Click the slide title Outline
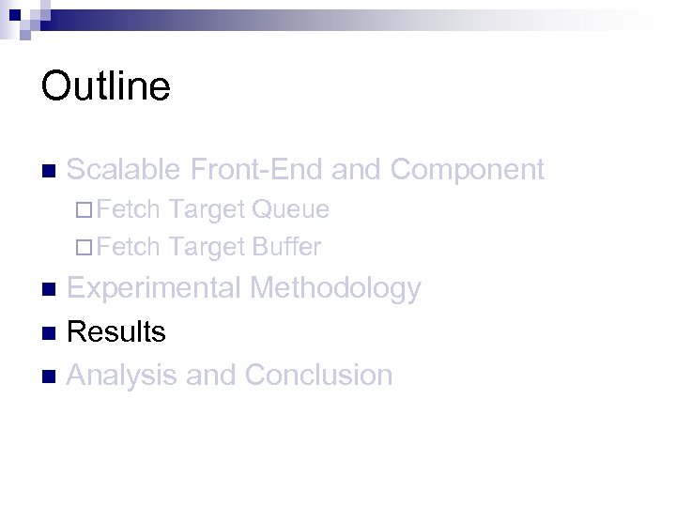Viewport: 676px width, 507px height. pos(105,86)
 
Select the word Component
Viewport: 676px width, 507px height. pos(467,170)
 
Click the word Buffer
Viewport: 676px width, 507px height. pos(286,248)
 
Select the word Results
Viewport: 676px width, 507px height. pos(116,331)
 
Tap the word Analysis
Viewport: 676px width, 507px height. pos(123,376)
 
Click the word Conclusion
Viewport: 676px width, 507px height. pos(318,376)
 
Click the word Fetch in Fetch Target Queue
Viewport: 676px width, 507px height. pos(129,209)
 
